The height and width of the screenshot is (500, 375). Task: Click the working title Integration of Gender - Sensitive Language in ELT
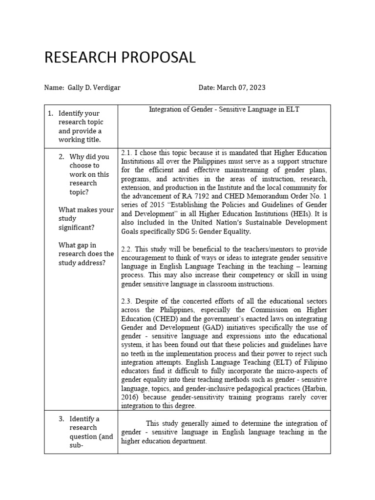pos(224,110)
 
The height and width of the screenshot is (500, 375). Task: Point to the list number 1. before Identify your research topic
pos(50,114)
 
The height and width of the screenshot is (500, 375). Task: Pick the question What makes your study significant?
pos(86,219)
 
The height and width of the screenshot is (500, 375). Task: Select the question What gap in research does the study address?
pos(86,254)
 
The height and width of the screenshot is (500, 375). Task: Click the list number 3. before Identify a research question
pos(61,419)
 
